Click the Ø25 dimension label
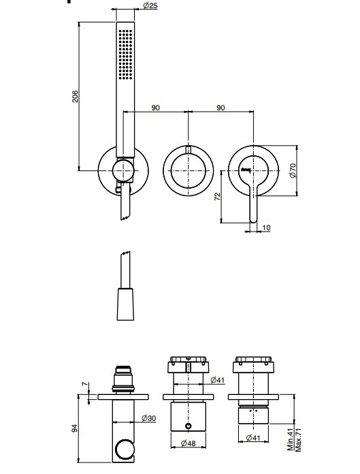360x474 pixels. (150, 5)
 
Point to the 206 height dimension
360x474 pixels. (75, 97)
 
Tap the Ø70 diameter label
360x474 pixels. (293, 170)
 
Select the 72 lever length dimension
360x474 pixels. (218, 197)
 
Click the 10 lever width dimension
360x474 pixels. (266, 227)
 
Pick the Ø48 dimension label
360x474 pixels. (189, 443)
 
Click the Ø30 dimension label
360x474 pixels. (148, 418)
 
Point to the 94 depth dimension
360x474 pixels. (74, 428)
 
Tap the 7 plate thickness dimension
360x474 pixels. (86, 384)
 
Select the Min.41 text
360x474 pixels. (291, 439)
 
